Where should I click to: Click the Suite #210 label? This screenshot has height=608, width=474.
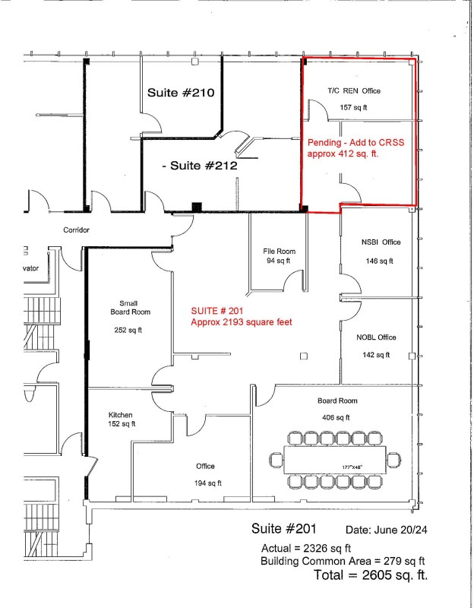tap(181, 93)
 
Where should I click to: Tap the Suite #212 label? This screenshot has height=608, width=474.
tap(200, 166)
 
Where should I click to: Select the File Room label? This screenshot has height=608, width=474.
tap(279, 252)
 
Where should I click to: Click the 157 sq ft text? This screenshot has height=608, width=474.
tap(353, 107)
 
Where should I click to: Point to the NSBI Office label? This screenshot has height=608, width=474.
tap(381, 242)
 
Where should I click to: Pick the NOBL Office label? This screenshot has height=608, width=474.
tap(376, 337)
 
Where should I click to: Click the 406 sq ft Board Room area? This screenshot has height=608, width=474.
tap(336, 417)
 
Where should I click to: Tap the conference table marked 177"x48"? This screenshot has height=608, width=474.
tap(335, 460)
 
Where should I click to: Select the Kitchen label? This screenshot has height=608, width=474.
tap(120, 415)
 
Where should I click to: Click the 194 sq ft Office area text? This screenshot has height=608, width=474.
tap(208, 483)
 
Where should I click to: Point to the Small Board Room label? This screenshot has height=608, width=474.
tap(130, 308)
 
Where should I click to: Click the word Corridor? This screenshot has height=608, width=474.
tap(77, 230)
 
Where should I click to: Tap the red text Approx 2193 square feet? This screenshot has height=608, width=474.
tap(242, 322)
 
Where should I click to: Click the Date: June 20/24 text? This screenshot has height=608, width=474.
tap(387, 530)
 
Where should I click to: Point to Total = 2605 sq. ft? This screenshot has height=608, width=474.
tap(371, 575)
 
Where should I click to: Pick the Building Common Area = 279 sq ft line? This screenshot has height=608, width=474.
tap(343, 561)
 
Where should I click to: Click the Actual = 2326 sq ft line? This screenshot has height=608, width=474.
tap(306, 548)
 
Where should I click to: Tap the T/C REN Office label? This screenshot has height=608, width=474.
tap(354, 90)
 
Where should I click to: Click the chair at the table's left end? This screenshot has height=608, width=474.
tap(276, 461)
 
